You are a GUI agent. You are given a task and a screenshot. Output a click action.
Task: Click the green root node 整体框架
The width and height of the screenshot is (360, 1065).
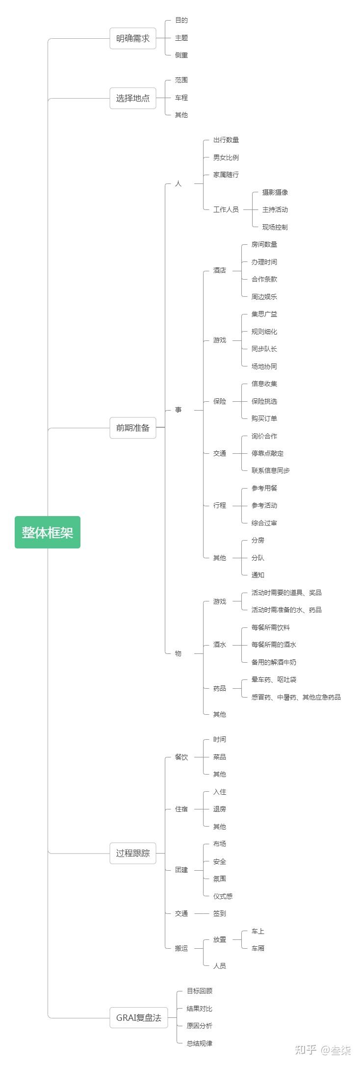(x=48, y=532)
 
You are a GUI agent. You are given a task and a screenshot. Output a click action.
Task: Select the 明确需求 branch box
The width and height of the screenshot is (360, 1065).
(x=132, y=38)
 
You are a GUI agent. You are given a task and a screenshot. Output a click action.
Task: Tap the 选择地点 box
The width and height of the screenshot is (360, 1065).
(x=132, y=98)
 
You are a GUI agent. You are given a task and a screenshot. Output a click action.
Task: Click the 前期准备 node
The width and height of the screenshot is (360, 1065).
(x=132, y=428)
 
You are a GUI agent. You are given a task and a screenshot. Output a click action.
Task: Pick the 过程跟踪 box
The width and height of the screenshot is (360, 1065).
(x=132, y=853)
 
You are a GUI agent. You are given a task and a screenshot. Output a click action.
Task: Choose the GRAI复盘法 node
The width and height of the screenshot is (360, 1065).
(x=138, y=1017)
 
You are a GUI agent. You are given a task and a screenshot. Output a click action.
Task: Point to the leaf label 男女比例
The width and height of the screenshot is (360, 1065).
(x=226, y=157)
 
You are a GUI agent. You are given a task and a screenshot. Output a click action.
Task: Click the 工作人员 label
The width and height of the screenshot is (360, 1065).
(x=226, y=209)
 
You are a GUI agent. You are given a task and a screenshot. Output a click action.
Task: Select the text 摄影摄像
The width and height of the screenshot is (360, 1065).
(x=275, y=192)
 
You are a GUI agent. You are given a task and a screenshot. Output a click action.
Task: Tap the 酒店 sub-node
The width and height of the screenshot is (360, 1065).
(x=219, y=270)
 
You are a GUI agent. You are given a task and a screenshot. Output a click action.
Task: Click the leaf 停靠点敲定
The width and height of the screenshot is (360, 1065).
(x=267, y=453)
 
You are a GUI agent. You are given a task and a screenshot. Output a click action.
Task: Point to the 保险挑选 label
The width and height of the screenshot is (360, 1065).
(x=264, y=401)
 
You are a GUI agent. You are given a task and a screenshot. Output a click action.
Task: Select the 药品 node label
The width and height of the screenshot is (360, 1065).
(x=219, y=688)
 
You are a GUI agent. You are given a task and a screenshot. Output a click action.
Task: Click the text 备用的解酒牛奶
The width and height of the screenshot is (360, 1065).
(x=274, y=662)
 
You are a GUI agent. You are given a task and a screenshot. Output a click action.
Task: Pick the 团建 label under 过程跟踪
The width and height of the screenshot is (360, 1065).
(x=181, y=870)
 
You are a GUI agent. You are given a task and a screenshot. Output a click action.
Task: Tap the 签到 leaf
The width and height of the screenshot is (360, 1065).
(x=219, y=913)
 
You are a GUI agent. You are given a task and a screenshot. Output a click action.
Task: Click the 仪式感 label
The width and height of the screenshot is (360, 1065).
(x=223, y=896)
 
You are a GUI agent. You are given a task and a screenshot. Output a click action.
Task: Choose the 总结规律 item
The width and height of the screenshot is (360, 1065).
(x=199, y=1043)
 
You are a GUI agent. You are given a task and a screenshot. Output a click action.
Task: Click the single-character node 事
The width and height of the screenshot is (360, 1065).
(x=178, y=410)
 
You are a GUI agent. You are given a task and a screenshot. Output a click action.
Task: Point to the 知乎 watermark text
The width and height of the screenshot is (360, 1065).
(x=306, y=1050)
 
